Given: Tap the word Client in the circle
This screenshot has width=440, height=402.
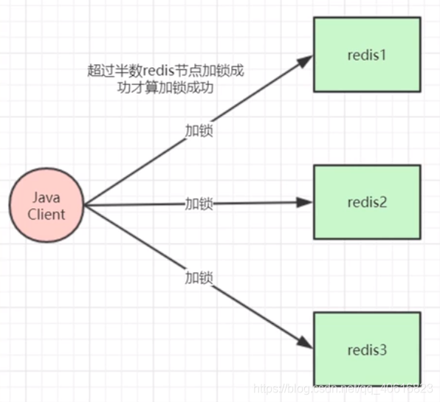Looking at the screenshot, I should tap(47, 215).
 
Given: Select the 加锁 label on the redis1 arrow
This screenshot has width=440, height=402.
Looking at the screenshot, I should tap(199, 130).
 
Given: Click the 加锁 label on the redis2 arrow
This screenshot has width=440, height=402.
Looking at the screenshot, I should tap(199, 204).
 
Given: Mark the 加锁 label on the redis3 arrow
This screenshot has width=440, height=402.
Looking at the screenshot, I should tap(199, 278).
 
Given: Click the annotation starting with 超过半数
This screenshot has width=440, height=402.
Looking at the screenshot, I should tap(165, 73).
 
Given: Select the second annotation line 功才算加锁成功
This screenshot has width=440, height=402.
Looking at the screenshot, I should tap(165, 89).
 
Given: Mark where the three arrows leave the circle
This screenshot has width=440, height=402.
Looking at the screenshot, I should tap(85, 205).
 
